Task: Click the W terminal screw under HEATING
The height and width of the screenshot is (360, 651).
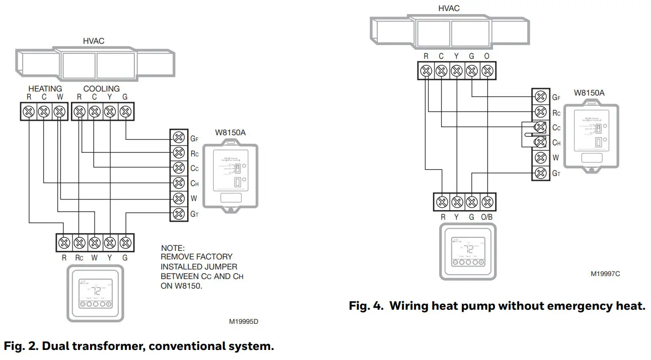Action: pyautogui.click(x=59, y=111)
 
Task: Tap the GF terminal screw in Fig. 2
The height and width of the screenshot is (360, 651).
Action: pyautogui.click(x=178, y=137)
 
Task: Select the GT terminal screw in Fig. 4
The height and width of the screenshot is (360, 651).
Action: pyautogui.click(x=541, y=173)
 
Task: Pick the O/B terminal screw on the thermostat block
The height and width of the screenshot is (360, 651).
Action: pyautogui.click(x=486, y=202)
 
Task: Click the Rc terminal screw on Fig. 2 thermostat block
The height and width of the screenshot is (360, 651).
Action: pyautogui.click(x=79, y=243)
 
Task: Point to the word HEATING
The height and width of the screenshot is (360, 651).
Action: pyautogui.click(x=45, y=88)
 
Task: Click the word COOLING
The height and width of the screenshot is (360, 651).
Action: pyautogui.click(x=102, y=88)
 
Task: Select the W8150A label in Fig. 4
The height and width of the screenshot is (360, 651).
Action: pyautogui.click(x=589, y=93)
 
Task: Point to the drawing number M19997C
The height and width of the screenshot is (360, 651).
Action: pyautogui.click(x=605, y=274)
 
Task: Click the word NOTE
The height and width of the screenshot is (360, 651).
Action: pyautogui.click(x=173, y=248)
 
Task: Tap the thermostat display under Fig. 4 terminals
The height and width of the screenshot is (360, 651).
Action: pyautogui.click(x=468, y=250)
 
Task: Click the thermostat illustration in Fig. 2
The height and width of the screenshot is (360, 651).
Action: pyautogui.click(x=95, y=293)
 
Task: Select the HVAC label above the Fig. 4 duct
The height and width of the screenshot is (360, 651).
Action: pyautogui.click(x=449, y=9)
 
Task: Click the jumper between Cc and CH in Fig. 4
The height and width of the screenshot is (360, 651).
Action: pyautogui.click(x=526, y=135)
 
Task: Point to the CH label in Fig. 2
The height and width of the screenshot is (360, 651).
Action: pyautogui.click(x=194, y=184)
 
